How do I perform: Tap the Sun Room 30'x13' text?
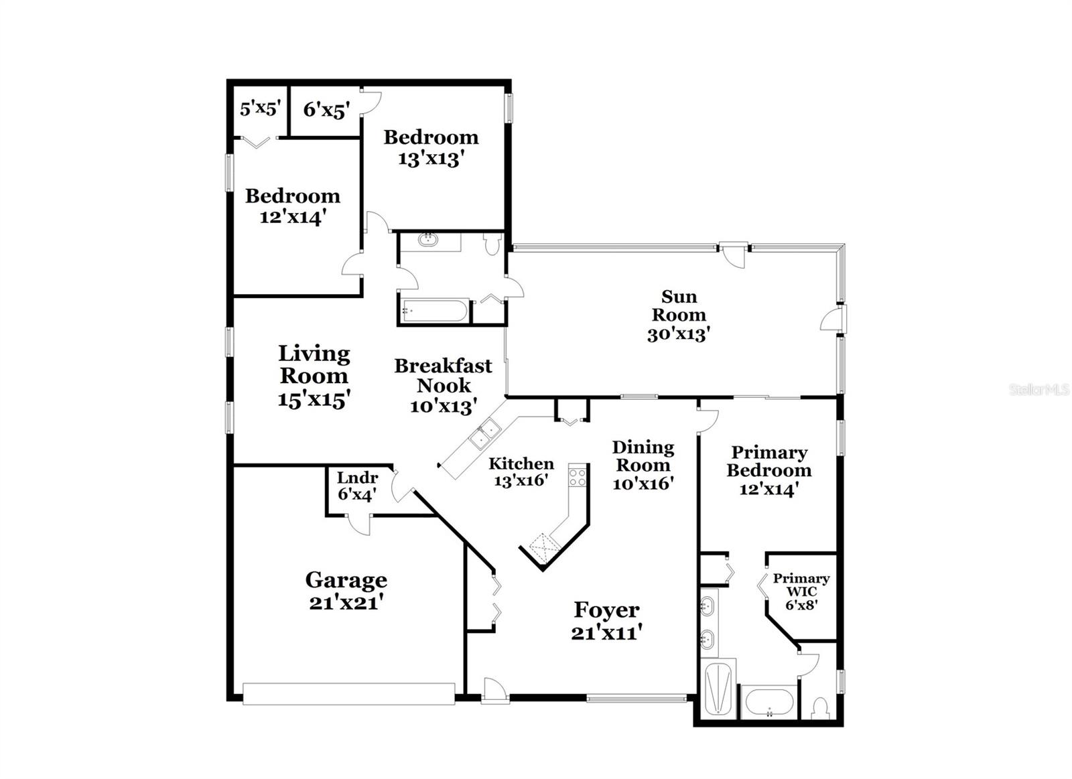point(679,315)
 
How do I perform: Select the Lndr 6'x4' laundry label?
point(356,486)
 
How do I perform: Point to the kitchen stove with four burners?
point(577,477)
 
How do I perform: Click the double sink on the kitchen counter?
point(484,433)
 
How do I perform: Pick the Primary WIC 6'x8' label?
point(801,591)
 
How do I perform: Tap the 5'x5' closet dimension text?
point(259,109)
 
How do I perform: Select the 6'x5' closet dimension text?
point(326,110)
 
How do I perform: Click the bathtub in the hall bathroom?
point(434,311)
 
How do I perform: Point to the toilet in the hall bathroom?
point(493,244)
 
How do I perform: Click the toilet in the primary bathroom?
point(820,707)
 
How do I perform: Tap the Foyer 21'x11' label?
point(606,621)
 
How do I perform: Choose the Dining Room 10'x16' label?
point(643,465)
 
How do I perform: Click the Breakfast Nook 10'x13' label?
point(443,385)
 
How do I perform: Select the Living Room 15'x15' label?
point(314,376)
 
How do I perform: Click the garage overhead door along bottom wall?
point(348,694)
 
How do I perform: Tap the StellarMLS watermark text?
point(1039,389)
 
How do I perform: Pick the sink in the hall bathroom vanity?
point(427,239)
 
